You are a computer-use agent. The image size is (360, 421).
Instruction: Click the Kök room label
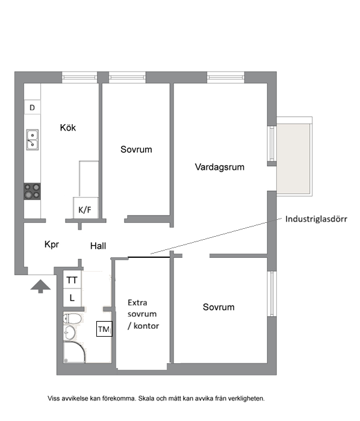point(68,128)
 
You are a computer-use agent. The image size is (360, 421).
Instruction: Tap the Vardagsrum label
point(220,167)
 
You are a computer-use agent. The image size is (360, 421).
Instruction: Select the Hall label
point(98,246)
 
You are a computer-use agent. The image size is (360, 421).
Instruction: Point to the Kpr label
point(52,245)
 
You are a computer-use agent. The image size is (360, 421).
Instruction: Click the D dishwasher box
point(33,107)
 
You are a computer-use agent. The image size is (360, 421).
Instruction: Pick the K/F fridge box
point(85,208)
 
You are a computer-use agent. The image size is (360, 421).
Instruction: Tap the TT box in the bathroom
point(72,280)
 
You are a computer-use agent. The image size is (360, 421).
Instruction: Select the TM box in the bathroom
point(104,329)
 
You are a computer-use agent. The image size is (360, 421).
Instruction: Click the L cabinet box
point(72,298)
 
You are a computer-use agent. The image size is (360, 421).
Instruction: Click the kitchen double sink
point(33,140)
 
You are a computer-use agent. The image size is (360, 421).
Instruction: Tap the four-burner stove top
point(33,191)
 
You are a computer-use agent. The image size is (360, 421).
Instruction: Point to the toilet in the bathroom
point(72,319)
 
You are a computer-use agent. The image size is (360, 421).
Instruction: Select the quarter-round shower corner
point(74,352)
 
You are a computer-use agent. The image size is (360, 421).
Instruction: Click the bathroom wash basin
point(69,332)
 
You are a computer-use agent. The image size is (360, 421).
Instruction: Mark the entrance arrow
point(40,286)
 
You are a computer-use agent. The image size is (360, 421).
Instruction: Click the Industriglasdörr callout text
point(316,219)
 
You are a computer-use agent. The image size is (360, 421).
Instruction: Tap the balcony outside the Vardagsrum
point(294,157)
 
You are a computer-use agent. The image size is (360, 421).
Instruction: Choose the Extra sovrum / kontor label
point(143,314)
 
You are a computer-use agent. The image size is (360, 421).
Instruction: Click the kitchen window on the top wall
point(79,77)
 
